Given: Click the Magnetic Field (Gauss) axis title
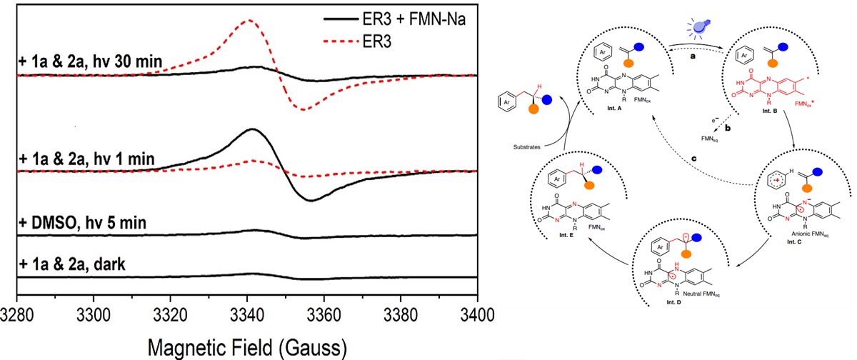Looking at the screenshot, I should (246, 346).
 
